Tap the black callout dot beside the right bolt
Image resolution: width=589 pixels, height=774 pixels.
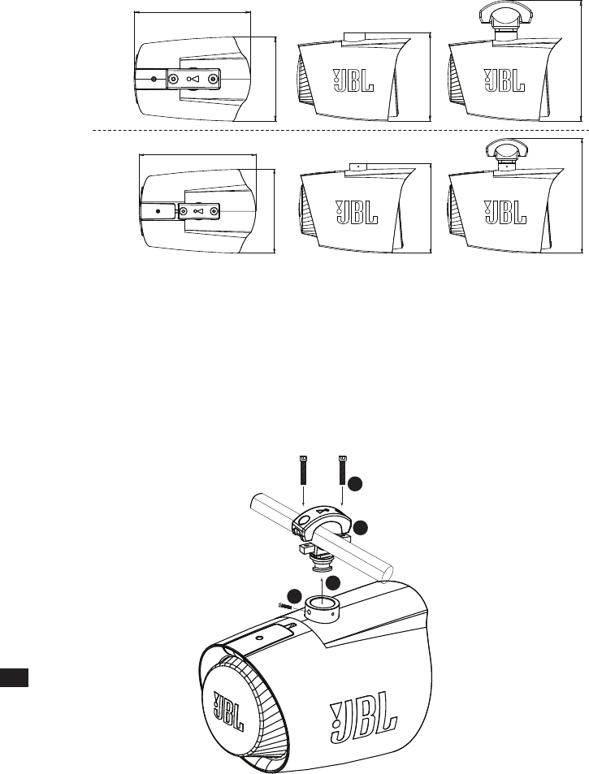pyautogui.click(x=354, y=484)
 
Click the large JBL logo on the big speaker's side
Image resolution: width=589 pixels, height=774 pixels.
pyautogui.click(x=362, y=720)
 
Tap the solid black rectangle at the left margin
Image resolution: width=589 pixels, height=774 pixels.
pyautogui.click(x=15, y=677)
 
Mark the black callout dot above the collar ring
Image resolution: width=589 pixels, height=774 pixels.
pyautogui.click(x=334, y=582)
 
